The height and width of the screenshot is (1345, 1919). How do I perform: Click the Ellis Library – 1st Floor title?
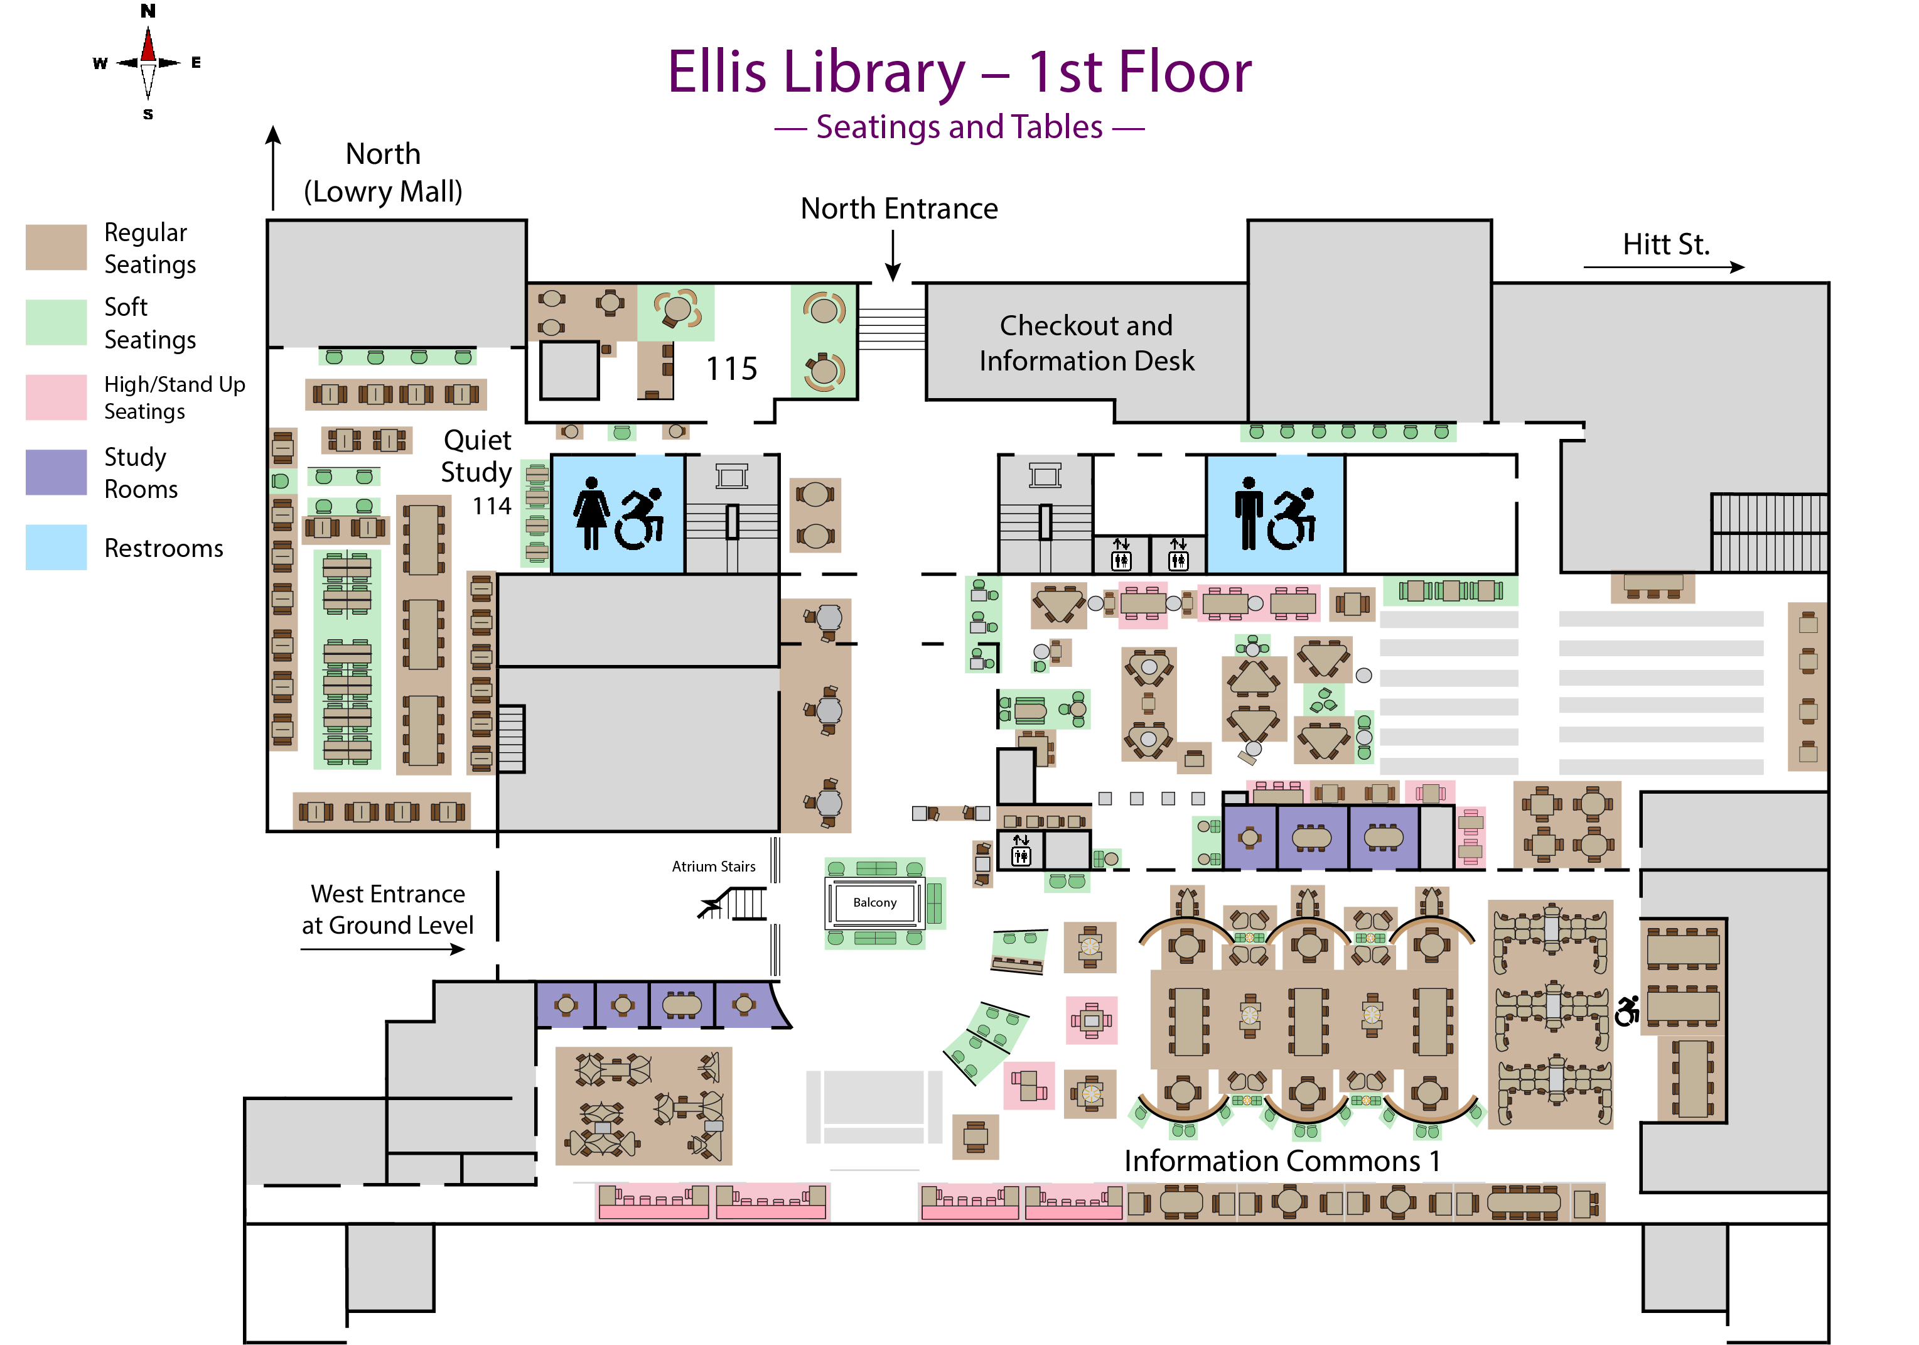(x=959, y=72)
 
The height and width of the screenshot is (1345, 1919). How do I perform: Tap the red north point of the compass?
(x=148, y=46)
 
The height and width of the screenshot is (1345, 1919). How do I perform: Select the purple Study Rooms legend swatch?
(x=56, y=472)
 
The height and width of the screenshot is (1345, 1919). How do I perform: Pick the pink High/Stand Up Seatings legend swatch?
(x=56, y=397)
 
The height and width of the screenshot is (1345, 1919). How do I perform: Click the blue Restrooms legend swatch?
(x=56, y=547)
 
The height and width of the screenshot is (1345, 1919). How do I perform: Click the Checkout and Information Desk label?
(x=1086, y=343)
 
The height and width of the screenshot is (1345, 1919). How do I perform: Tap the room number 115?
(x=731, y=369)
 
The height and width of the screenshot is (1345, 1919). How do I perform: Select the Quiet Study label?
(x=476, y=456)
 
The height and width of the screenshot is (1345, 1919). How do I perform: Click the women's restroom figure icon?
(x=592, y=512)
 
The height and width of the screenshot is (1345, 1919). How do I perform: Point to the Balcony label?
(x=874, y=903)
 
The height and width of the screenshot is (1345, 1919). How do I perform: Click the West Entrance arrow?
(x=383, y=949)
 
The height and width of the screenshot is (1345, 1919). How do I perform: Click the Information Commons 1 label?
(x=1281, y=1161)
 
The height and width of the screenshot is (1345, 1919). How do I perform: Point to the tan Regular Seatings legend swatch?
(x=56, y=247)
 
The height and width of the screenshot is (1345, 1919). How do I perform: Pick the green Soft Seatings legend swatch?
(x=56, y=322)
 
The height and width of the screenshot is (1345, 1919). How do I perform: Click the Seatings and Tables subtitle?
(x=959, y=127)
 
